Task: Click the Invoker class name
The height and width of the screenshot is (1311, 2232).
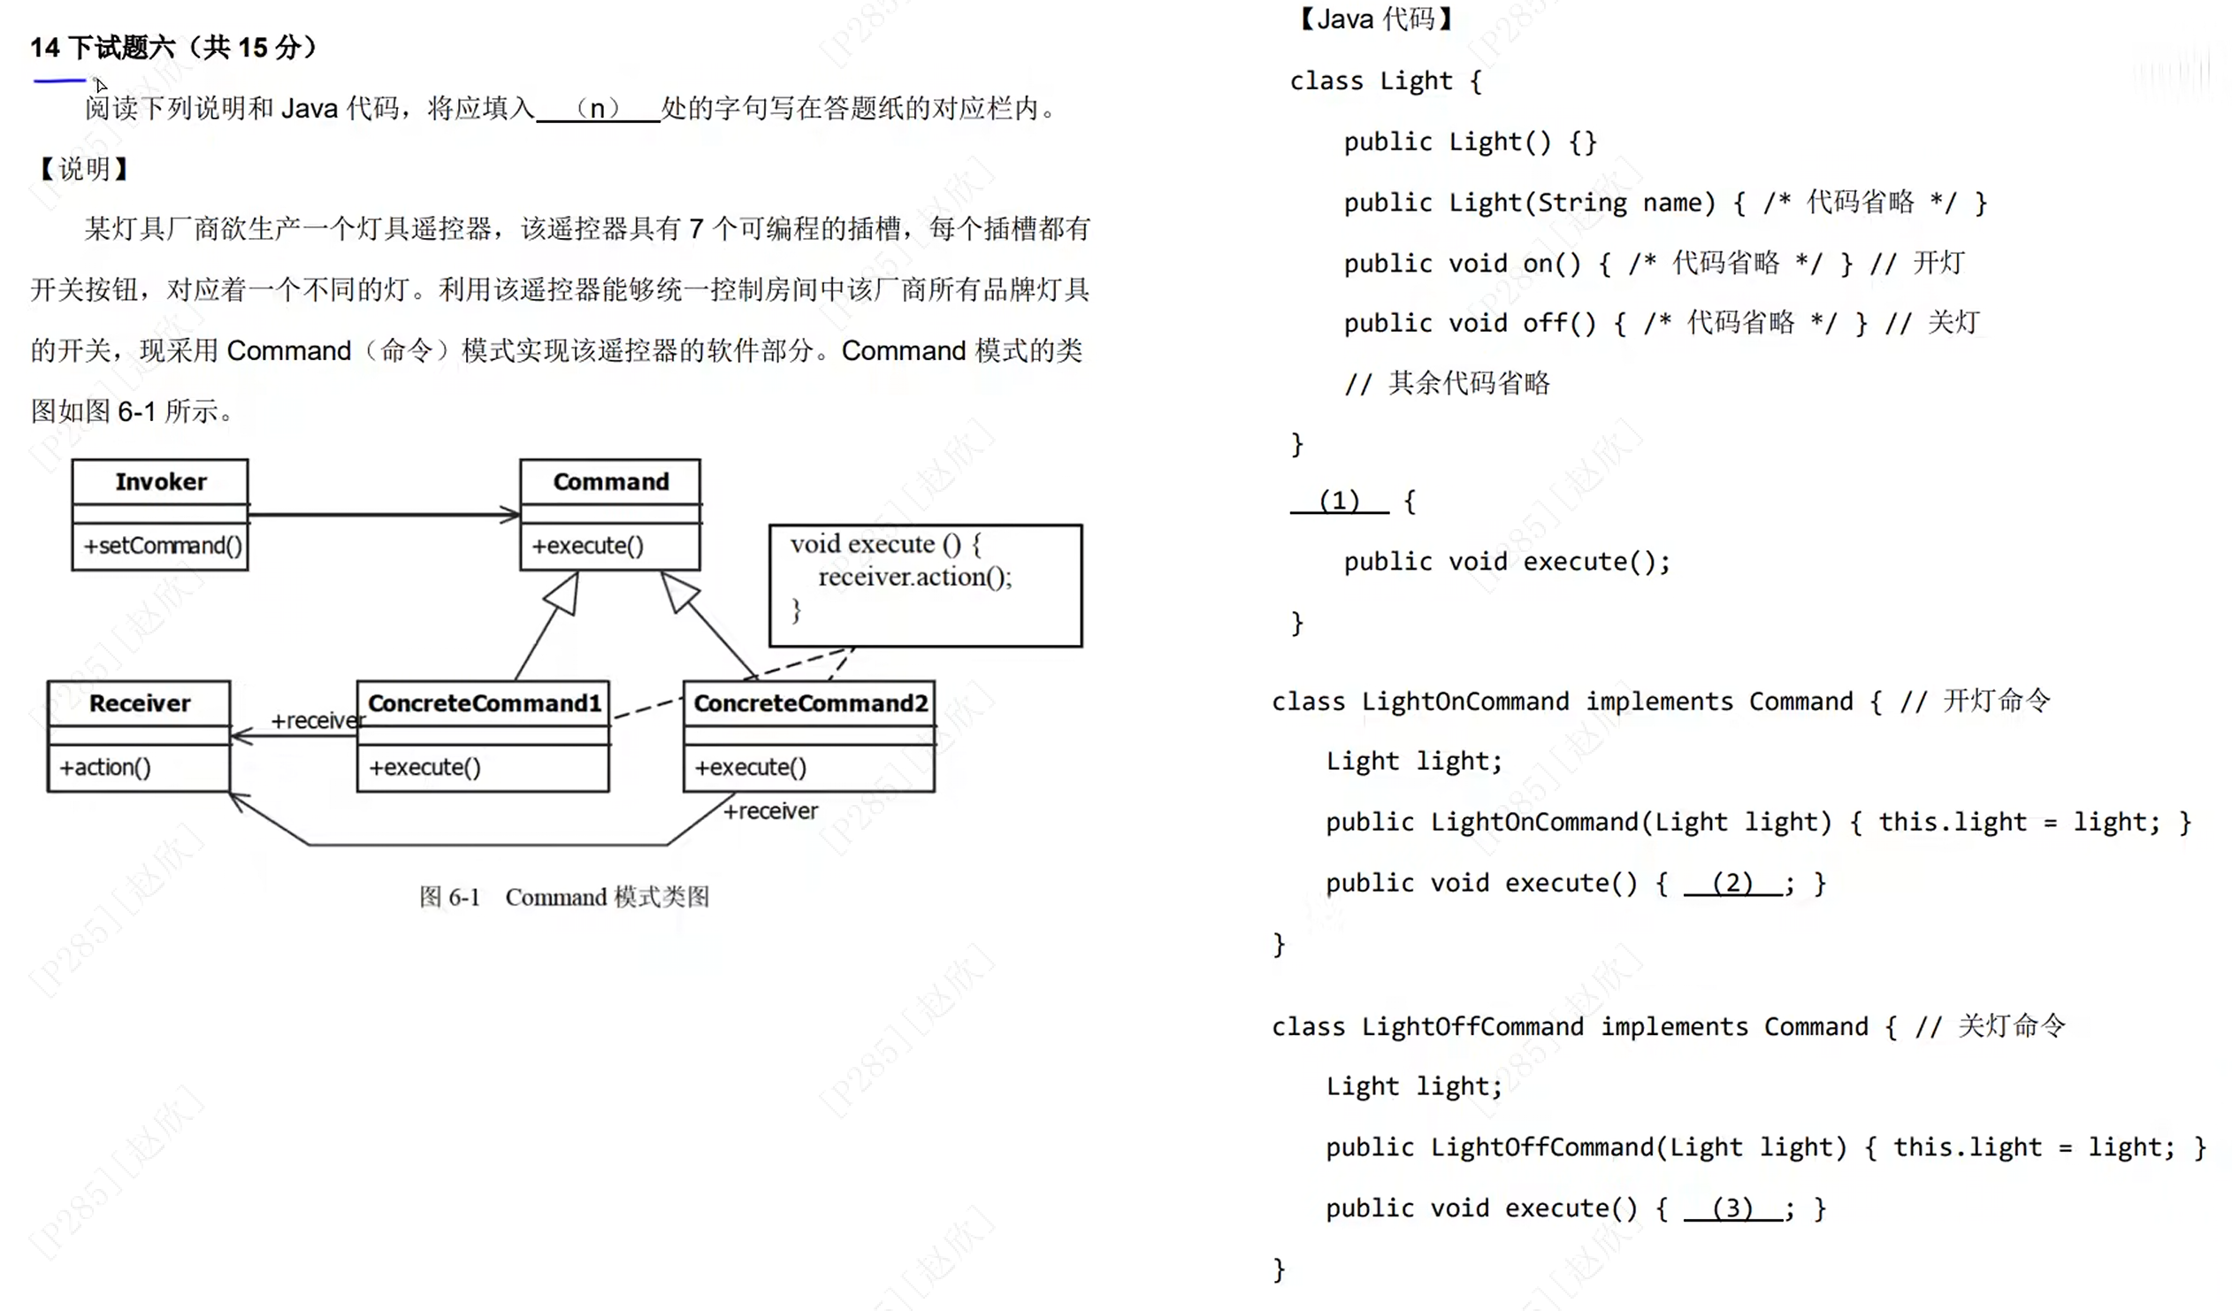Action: click(160, 482)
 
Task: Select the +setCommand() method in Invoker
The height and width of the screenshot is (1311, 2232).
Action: click(163, 546)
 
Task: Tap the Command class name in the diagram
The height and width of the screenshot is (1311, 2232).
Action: click(610, 482)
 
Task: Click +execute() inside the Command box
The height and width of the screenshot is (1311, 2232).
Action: click(587, 546)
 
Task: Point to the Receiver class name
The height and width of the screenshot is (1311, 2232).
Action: click(140, 703)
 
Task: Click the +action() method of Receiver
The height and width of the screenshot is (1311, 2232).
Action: click(104, 767)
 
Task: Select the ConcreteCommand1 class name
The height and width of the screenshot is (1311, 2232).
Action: click(484, 703)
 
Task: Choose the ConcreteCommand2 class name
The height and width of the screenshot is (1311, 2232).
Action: click(809, 703)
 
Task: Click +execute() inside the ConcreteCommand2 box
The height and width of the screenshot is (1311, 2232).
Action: click(750, 767)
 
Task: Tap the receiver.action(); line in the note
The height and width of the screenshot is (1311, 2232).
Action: click(914, 578)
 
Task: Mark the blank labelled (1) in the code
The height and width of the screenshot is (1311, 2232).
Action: click(1338, 502)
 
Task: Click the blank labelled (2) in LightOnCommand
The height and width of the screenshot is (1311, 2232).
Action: click(1731, 883)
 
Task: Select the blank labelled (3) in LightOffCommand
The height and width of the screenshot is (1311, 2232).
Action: click(1731, 1208)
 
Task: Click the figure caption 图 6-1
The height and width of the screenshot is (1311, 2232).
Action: click(450, 897)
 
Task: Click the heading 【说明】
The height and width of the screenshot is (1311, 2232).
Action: click(84, 168)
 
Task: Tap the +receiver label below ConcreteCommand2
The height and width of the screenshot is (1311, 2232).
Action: click(770, 811)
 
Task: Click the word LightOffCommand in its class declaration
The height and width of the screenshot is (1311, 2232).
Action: click(1471, 1027)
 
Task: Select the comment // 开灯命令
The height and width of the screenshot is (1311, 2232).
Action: click(1975, 701)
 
